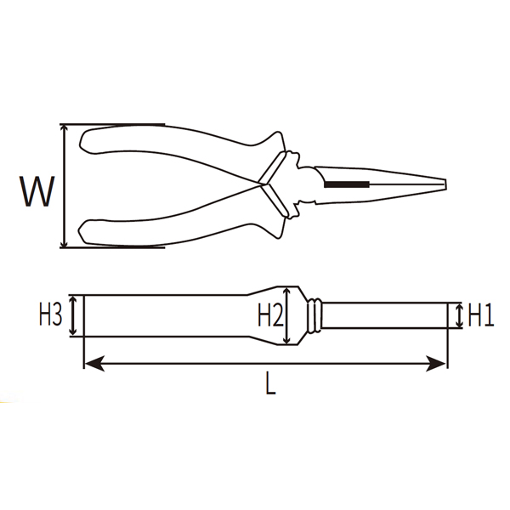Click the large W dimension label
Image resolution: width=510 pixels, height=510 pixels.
coord(37,191)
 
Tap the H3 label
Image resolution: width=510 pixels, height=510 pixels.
coord(50,315)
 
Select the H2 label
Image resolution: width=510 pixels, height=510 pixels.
coord(270,315)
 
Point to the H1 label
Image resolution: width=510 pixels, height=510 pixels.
coord(481,315)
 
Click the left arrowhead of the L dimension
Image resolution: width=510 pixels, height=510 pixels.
coord(94,363)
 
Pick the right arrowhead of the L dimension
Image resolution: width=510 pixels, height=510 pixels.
coord(436,363)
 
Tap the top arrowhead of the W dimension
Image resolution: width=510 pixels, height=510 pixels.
coord(65,129)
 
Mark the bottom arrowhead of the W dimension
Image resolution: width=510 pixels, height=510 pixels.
coord(65,242)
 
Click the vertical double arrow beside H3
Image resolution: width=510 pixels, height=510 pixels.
coord(73,315)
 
